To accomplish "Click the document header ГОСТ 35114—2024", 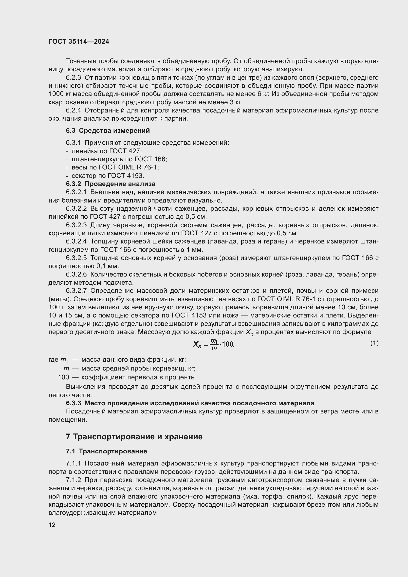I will coord(79,41).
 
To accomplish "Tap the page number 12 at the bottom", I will coord(52,525).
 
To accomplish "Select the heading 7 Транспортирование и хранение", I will coord(134,437).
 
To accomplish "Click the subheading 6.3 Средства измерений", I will coord(108,130).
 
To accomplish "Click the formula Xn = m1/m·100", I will coord(214,344).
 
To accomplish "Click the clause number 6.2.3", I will coord(73,78).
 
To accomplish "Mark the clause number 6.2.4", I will coord(73,110).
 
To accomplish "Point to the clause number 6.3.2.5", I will coord(76,258).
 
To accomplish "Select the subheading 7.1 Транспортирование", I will coord(106,451).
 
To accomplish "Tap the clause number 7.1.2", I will coord(73,480).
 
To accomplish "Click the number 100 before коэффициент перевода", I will coord(63,377).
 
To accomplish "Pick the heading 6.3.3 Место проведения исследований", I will coord(190,403).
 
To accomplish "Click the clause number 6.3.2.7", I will coord(76,291).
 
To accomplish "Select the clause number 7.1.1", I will coord(73,464).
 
